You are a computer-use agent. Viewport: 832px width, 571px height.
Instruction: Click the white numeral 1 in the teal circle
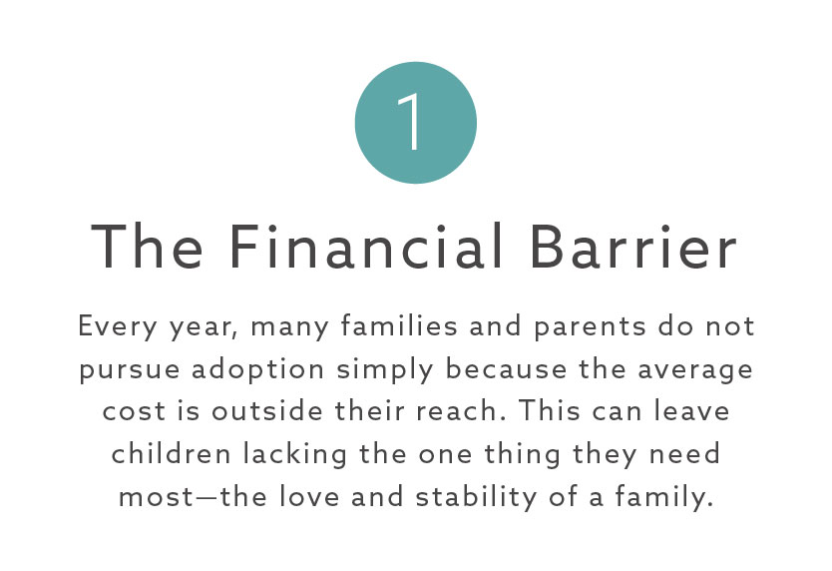click(410, 122)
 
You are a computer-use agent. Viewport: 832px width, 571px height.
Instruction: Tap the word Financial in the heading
click(365, 247)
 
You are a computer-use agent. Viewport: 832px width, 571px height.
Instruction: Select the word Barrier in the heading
click(633, 247)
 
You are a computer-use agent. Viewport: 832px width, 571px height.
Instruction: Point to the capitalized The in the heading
click(147, 247)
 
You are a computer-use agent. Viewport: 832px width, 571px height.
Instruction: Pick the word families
click(399, 325)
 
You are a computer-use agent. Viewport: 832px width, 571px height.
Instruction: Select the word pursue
click(130, 370)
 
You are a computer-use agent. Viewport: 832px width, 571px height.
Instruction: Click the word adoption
click(257, 368)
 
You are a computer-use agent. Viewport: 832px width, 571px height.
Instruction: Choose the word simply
click(385, 368)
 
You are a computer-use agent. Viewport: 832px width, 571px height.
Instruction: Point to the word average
click(695, 369)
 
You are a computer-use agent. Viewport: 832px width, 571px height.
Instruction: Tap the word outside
click(267, 410)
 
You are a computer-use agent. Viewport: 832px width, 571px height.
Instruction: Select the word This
click(550, 410)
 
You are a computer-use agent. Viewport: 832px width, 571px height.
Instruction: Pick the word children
click(171, 453)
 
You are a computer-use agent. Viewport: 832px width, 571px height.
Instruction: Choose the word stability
click(476, 498)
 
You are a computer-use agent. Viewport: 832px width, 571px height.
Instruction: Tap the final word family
click(663, 498)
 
